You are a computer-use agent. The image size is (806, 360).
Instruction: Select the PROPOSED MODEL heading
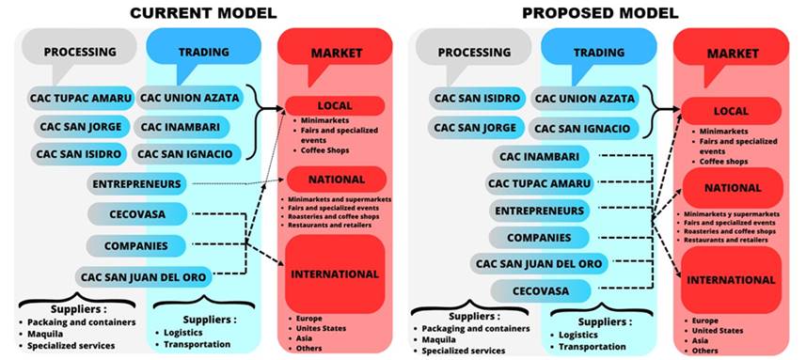pyautogui.click(x=600, y=12)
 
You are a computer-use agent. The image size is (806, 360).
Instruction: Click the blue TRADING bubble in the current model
pyautogui.click(x=202, y=52)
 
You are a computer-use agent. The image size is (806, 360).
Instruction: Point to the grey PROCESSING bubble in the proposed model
pyautogui.click(x=466, y=53)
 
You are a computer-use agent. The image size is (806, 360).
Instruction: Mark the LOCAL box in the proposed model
pyautogui.click(x=731, y=111)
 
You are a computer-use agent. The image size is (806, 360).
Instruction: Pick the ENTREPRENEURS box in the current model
pyautogui.click(x=137, y=183)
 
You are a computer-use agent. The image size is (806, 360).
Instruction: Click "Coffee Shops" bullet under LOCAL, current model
pyautogui.click(x=324, y=150)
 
